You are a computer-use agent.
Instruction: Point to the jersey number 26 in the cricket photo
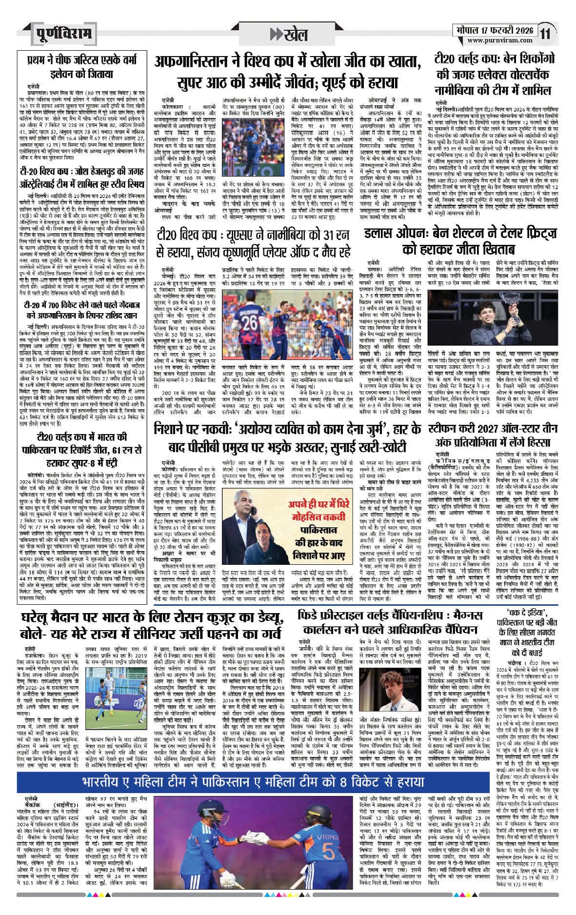(251, 322)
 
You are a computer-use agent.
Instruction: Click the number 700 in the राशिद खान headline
(57, 306)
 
